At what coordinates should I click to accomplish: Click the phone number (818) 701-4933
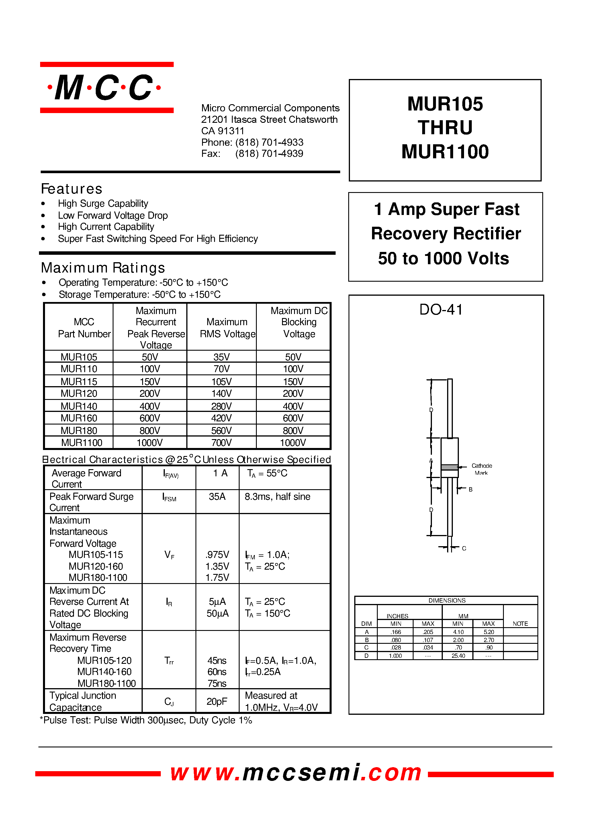click(269, 142)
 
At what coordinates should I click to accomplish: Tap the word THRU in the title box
click(445, 128)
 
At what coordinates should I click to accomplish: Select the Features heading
click(72, 189)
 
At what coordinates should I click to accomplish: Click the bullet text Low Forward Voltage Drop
click(112, 216)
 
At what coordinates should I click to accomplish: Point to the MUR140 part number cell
click(79, 406)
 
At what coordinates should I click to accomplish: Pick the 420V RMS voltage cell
click(221, 418)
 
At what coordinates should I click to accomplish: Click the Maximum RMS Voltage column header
click(227, 328)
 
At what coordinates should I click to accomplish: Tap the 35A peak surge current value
click(217, 497)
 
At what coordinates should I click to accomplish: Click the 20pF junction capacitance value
click(217, 701)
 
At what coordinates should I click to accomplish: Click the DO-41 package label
click(441, 310)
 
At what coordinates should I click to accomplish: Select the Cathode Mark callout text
click(481, 469)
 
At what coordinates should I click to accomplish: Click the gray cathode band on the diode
click(449, 467)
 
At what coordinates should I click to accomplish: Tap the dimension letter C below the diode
click(464, 548)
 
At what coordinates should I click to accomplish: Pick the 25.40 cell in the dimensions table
click(458, 656)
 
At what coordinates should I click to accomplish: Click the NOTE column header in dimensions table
click(520, 624)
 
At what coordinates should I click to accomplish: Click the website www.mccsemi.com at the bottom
click(296, 773)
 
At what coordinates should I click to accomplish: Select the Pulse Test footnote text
click(146, 720)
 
